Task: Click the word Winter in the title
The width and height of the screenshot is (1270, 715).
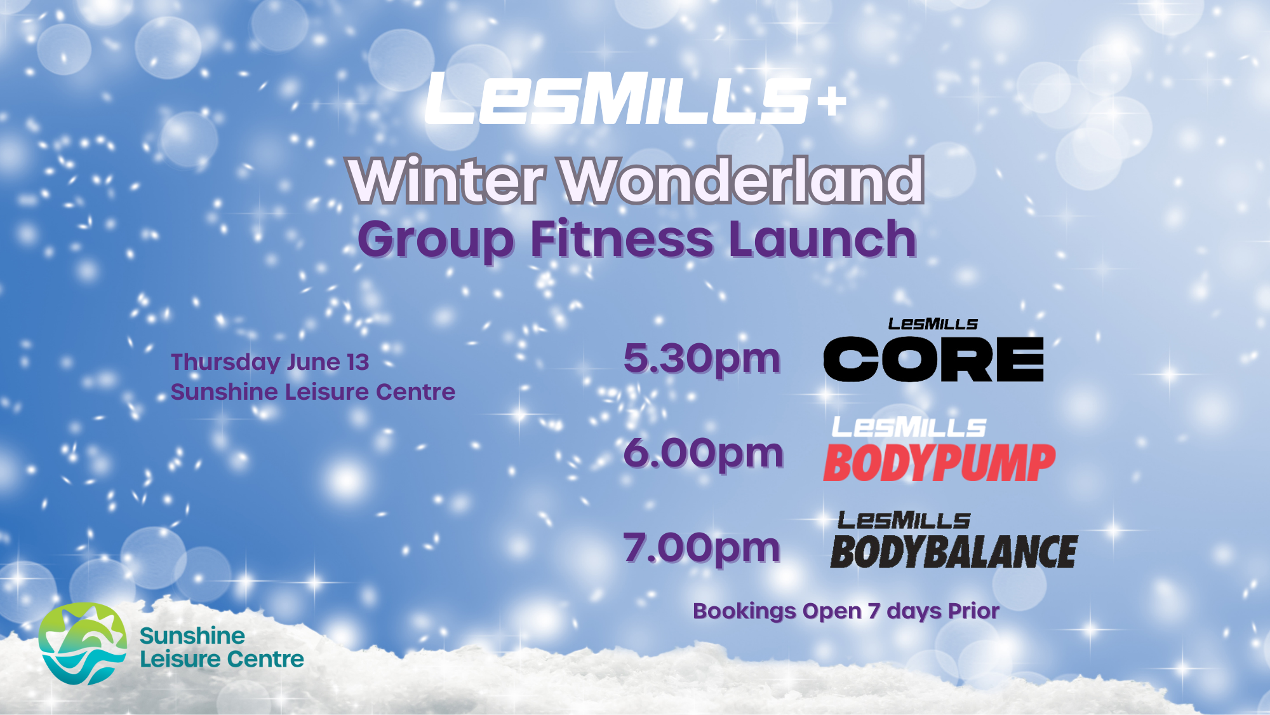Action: (x=447, y=180)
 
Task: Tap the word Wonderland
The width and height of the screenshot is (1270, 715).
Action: (x=742, y=180)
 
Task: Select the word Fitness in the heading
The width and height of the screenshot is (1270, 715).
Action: (x=622, y=239)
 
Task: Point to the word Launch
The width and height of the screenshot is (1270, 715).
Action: (x=823, y=239)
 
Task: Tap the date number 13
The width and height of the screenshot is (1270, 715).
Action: (x=358, y=362)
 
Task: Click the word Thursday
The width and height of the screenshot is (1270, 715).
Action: (x=225, y=363)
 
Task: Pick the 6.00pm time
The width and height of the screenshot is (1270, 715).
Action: (x=704, y=454)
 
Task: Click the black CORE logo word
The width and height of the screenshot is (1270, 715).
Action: (x=933, y=359)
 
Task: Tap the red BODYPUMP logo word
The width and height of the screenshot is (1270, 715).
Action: (x=939, y=463)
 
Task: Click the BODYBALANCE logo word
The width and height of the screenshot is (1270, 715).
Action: (x=954, y=552)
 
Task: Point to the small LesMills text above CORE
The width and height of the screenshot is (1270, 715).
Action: (x=933, y=324)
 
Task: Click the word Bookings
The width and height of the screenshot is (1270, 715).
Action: (x=744, y=612)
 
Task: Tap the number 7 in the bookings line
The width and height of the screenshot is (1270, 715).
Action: (x=874, y=611)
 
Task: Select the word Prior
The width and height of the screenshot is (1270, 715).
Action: (x=973, y=611)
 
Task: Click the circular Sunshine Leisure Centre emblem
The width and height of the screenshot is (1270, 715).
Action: (x=83, y=644)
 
